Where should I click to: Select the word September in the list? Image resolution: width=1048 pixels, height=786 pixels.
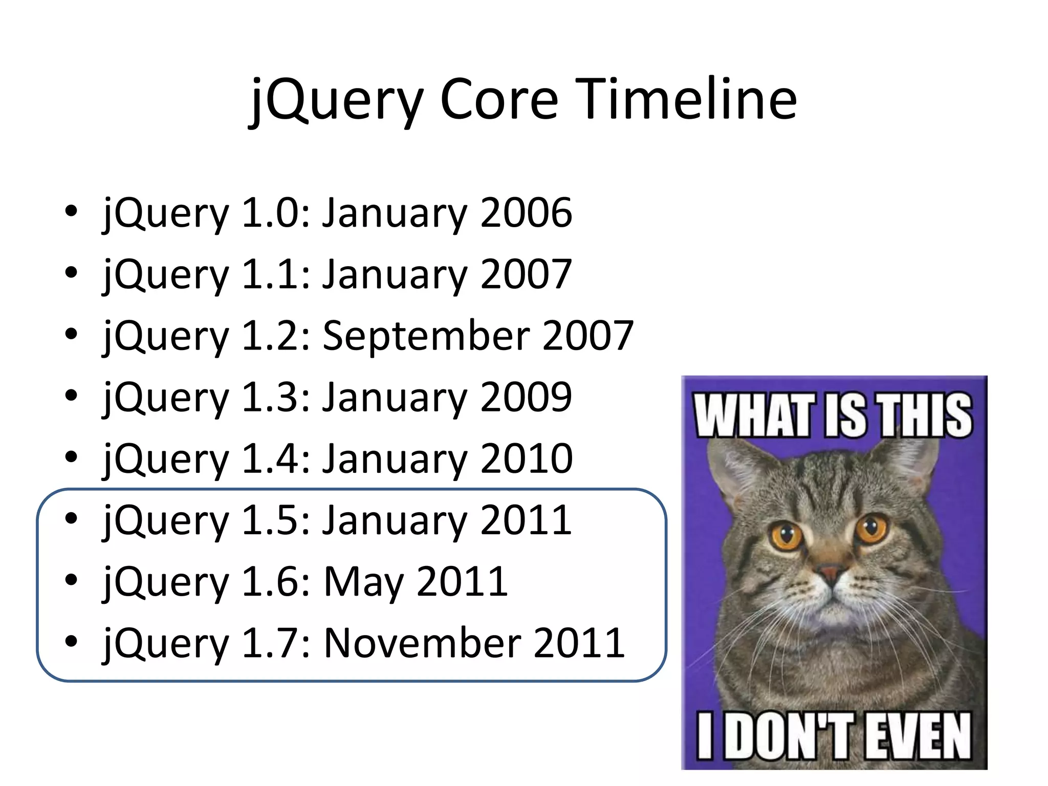426,335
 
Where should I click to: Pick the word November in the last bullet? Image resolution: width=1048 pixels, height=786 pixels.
422,643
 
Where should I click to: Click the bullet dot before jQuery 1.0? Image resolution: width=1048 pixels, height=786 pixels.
71,211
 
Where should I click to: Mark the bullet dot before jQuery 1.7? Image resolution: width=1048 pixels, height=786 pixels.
71,641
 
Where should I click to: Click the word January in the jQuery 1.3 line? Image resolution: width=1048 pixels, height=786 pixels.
394,397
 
